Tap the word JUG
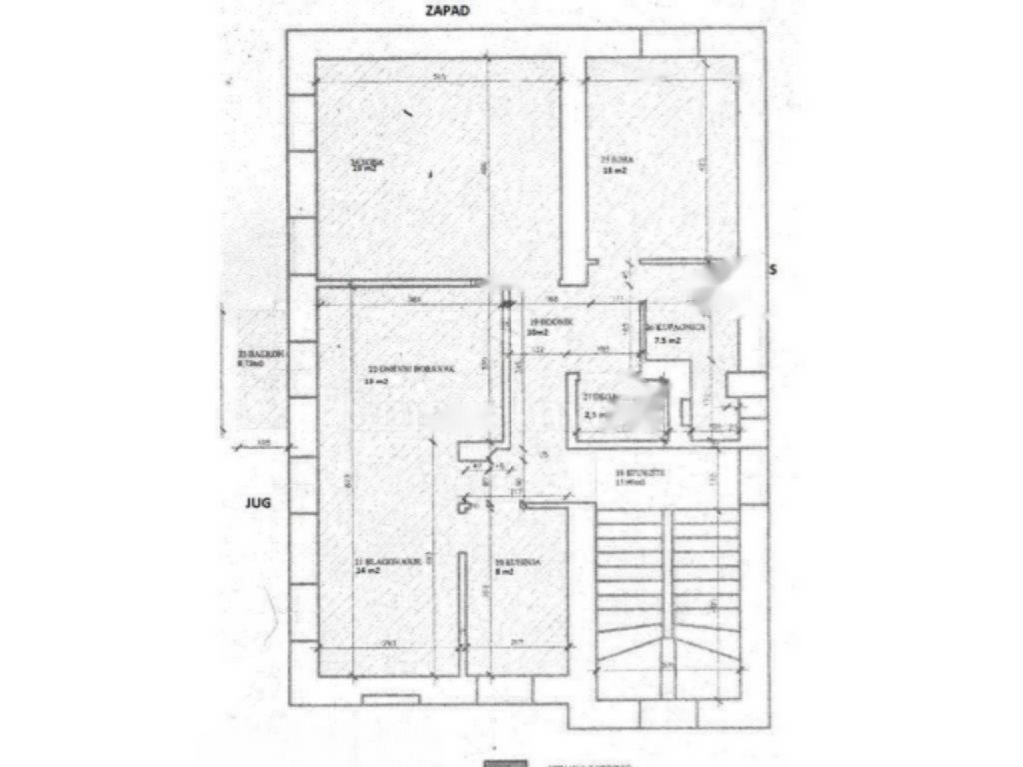tap(258, 504)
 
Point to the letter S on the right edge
tap(773, 270)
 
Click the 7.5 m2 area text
tap(667, 341)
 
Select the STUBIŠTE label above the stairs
tap(633, 471)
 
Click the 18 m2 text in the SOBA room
tap(612, 171)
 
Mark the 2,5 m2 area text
tap(596, 414)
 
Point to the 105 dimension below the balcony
tap(264, 442)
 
